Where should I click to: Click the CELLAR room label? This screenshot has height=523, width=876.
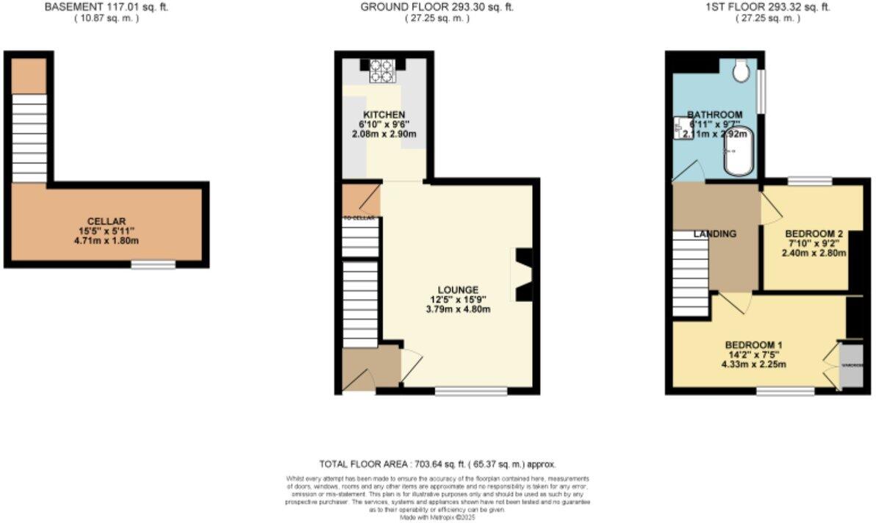pos(107,221)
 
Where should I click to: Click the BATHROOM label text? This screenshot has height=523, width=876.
pos(714,115)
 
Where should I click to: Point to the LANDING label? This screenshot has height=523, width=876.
pos(715,234)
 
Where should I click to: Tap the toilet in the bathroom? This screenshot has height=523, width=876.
pos(740,69)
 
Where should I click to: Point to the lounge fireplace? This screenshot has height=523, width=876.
pos(524,275)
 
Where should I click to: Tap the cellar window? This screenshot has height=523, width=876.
pos(154,264)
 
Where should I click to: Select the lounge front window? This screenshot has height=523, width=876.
pos(470,392)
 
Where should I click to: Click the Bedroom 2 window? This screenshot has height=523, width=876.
pos(810,180)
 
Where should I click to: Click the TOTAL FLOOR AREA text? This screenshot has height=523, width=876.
pos(437,464)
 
